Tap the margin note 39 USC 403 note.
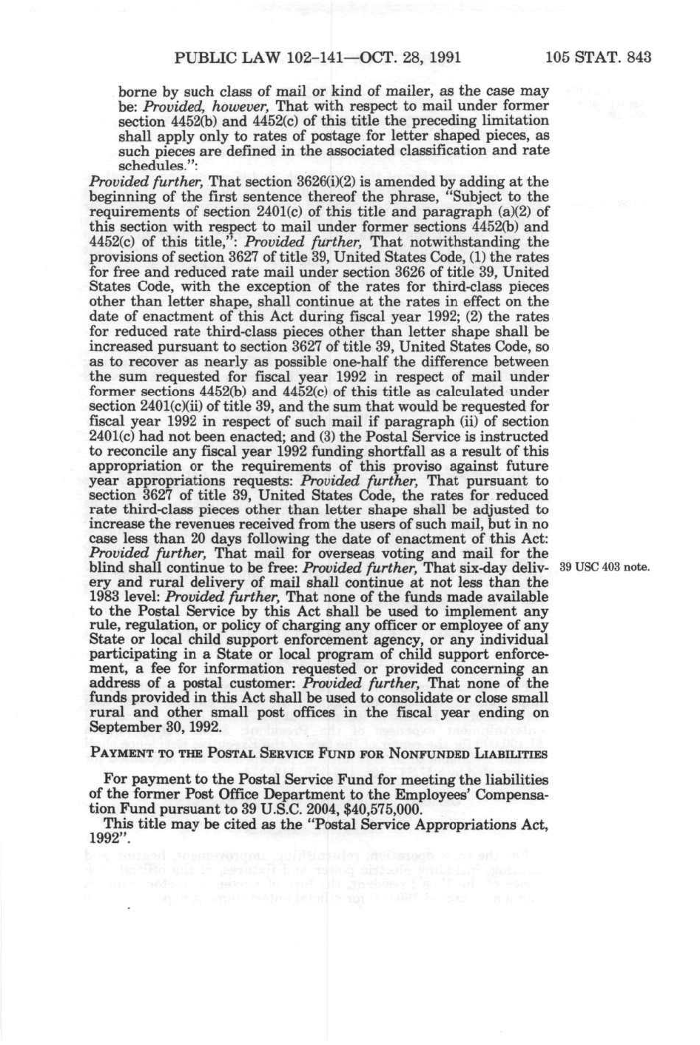[605, 568]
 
